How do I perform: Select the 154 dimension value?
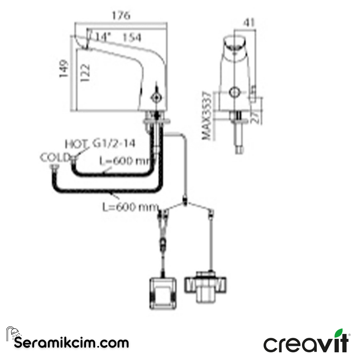(132, 38)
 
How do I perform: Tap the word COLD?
(53, 157)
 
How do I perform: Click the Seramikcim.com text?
(72, 342)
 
